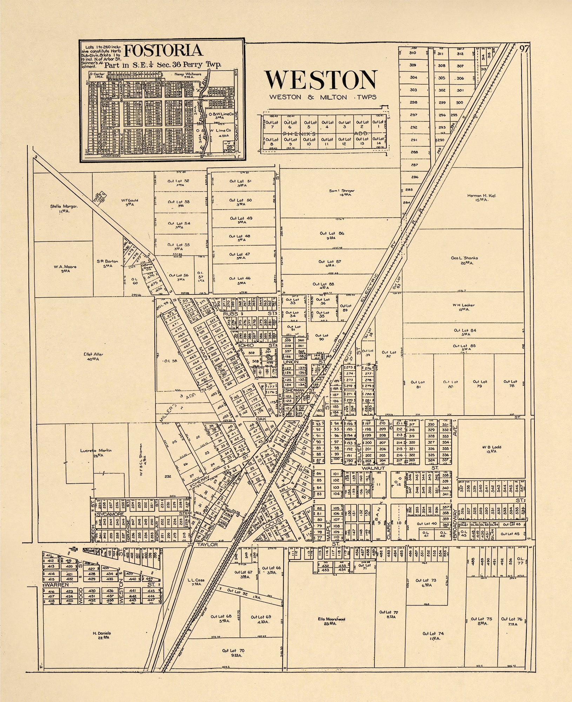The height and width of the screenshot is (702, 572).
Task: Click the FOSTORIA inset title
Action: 164,51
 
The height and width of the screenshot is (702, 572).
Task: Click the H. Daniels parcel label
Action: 102,635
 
